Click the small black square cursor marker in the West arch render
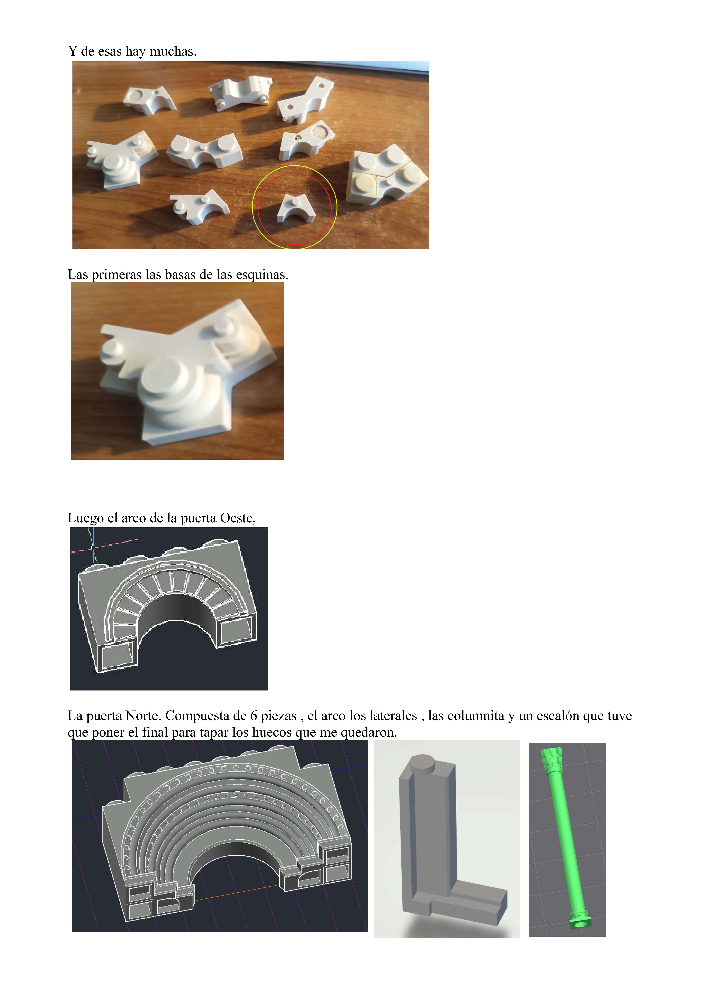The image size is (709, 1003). (x=93, y=547)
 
